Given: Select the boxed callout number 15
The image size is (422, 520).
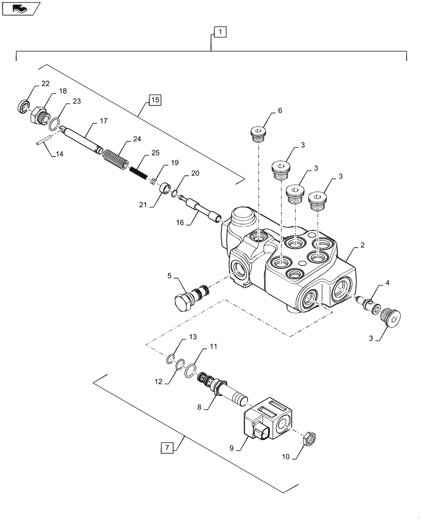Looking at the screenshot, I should coord(155,99).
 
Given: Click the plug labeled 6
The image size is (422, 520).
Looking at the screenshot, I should coord(258,134).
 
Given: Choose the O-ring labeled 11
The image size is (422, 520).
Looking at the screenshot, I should coord(192,370).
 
